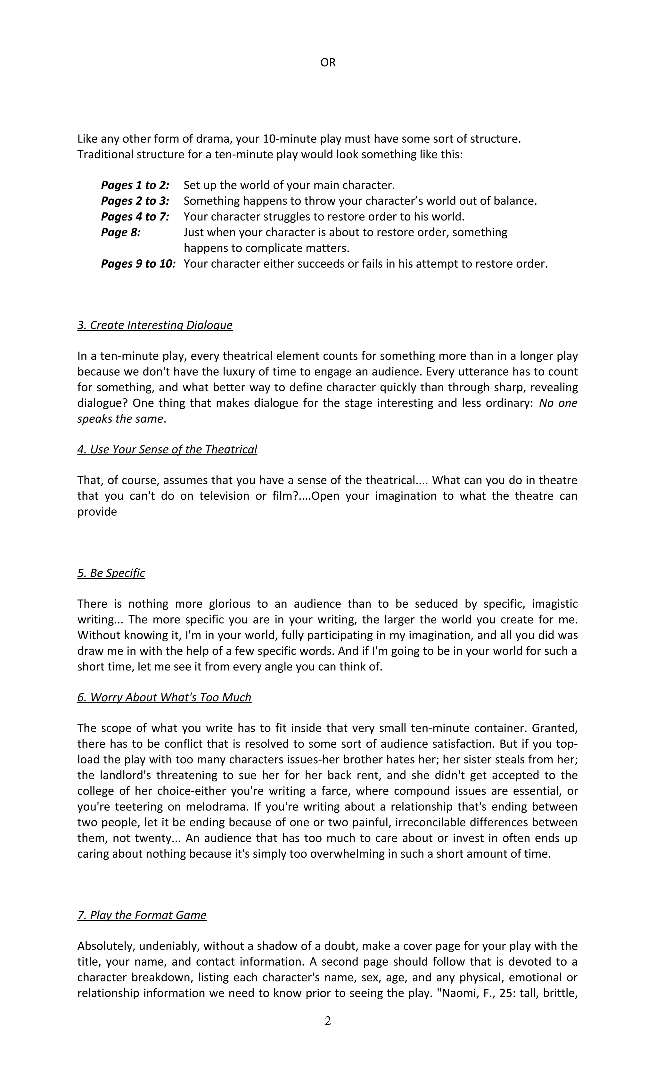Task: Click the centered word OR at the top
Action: point(328,63)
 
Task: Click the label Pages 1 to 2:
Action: point(135,185)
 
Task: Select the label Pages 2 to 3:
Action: point(135,201)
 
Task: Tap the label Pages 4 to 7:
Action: point(135,217)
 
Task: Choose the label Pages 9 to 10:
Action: point(138,264)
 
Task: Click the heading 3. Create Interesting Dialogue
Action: point(155,325)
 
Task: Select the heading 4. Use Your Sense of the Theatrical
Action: point(167,449)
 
